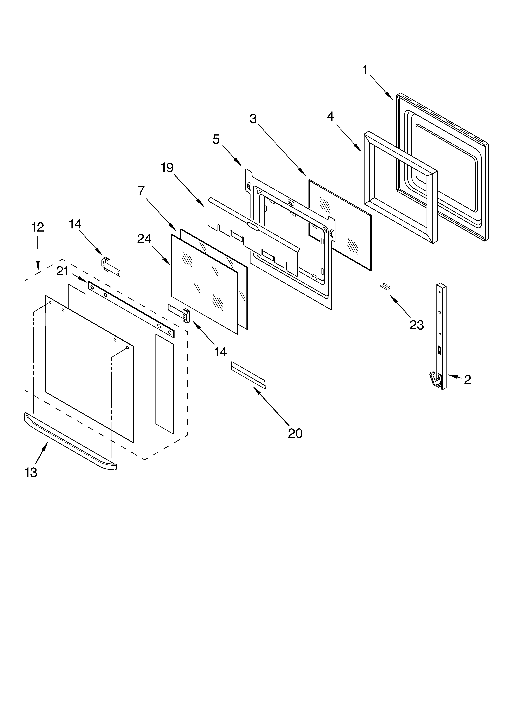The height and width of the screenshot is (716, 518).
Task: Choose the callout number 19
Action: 167,168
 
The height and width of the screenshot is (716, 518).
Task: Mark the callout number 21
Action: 62,271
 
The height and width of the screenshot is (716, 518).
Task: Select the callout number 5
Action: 216,139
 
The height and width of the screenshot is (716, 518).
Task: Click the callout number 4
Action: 330,116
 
